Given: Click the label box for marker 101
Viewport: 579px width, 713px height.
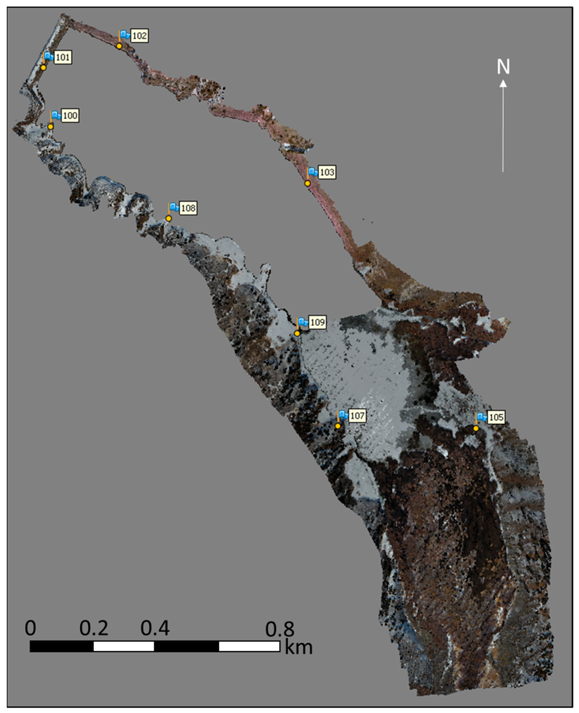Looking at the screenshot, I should pyautogui.click(x=63, y=57).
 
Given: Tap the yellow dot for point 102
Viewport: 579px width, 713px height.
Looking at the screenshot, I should pyautogui.click(x=119, y=46).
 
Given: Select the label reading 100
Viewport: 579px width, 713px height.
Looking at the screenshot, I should pyautogui.click(x=70, y=116).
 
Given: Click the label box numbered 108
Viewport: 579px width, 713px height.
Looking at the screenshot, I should pyautogui.click(x=188, y=208).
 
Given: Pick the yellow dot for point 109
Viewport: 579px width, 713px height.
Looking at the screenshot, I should pyautogui.click(x=297, y=333).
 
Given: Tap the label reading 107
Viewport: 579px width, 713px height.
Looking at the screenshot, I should pyautogui.click(x=357, y=416).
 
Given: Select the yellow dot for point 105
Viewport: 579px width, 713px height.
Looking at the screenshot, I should pyautogui.click(x=476, y=428).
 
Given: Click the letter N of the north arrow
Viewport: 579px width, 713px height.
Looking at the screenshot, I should pyautogui.click(x=503, y=67).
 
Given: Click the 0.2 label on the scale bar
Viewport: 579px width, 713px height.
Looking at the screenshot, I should pyautogui.click(x=94, y=628).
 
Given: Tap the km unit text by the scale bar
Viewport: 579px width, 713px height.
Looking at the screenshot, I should pyautogui.click(x=299, y=647).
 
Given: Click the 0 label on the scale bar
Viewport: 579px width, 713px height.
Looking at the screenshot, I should pyautogui.click(x=30, y=628).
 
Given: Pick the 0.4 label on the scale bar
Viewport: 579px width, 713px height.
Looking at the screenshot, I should pyautogui.click(x=155, y=628).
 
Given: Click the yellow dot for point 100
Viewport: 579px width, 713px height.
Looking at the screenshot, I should pyautogui.click(x=50, y=127).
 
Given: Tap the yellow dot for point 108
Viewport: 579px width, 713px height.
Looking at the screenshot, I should pyautogui.click(x=169, y=219).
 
